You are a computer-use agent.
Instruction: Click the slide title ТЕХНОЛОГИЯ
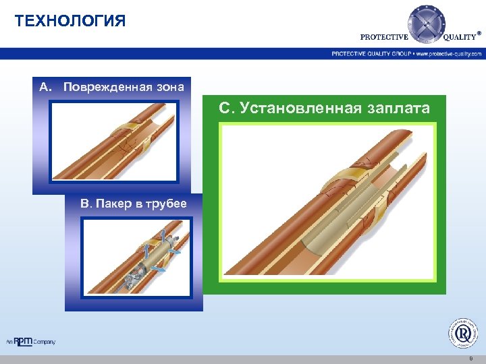pos(70,21)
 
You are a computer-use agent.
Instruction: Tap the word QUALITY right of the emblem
pos(459,38)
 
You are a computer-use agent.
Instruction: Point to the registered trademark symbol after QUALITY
pos(479,32)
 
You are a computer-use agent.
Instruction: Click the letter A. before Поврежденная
pos(45,87)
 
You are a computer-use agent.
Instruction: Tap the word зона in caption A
pos(169,87)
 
